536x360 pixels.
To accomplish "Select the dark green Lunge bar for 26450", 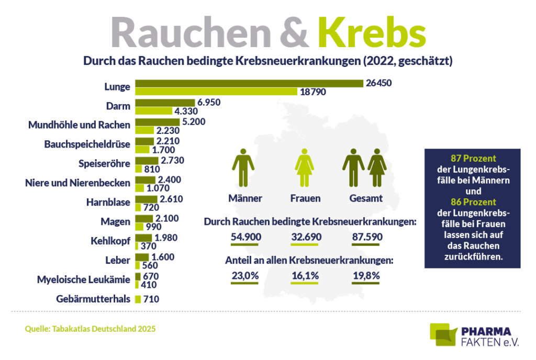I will [x=249, y=83].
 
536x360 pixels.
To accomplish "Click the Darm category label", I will [x=119, y=106].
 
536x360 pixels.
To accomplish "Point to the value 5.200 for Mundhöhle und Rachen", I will [x=194, y=121].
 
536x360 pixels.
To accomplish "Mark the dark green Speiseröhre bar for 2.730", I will [x=147, y=160].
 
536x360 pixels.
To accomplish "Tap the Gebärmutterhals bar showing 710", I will [x=138, y=299].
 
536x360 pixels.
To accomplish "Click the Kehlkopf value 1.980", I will [x=166, y=237].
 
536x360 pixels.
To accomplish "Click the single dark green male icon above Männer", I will [x=243, y=167].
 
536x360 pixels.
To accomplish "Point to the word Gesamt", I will [x=366, y=198].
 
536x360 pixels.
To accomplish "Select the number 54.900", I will [x=245, y=237].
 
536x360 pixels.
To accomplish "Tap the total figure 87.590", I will [x=367, y=237].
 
